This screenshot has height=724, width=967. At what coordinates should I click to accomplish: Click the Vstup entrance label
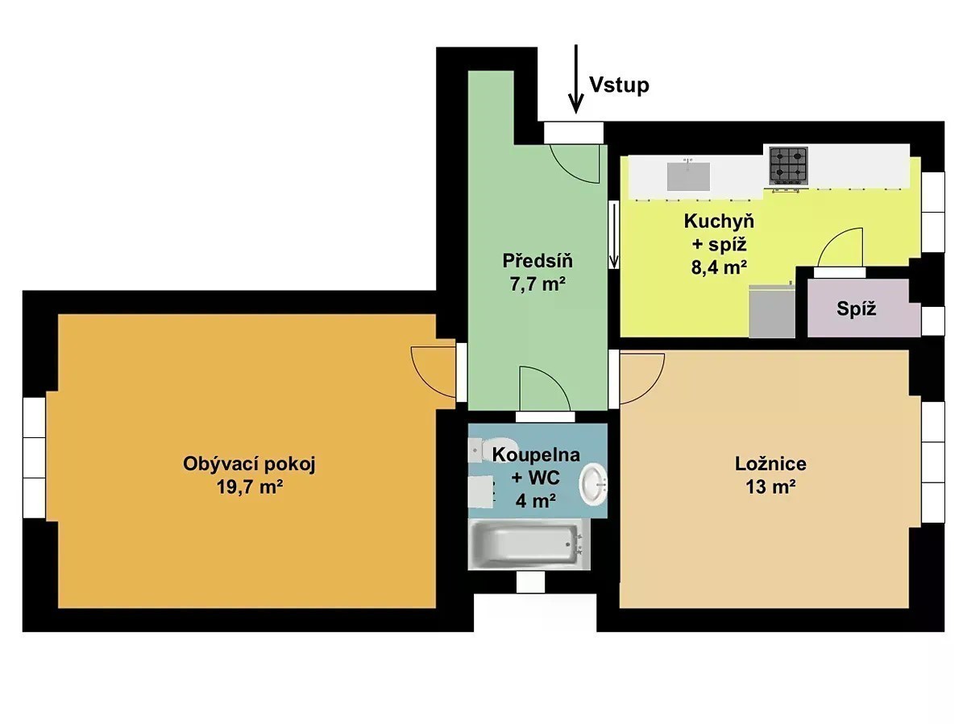point(619,85)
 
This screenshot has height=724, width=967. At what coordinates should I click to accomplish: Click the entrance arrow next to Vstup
point(575,79)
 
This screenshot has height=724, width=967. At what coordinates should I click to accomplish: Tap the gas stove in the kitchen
point(789,165)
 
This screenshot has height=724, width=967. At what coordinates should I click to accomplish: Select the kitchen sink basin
point(688,176)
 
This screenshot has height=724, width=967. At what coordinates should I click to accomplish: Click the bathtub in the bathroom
point(529,544)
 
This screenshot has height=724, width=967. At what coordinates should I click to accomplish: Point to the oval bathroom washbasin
point(593,485)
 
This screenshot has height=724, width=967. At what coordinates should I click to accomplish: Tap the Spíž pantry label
point(856,309)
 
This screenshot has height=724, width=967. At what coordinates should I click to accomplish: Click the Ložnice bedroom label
point(770,464)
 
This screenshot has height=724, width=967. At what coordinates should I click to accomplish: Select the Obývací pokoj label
point(249,465)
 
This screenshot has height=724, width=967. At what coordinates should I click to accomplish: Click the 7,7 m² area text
point(537,284)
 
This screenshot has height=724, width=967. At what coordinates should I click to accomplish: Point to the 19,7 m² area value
point(249,487)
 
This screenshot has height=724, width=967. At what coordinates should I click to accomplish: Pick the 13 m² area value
point(770,487)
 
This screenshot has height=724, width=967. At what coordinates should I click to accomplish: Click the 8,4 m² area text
point(719,267)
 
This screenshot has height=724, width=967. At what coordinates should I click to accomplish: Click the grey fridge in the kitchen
point(772,311)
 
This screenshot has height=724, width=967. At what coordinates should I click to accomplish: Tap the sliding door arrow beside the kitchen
point(613,235)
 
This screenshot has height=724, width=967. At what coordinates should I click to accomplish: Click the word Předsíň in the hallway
point(537,261)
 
